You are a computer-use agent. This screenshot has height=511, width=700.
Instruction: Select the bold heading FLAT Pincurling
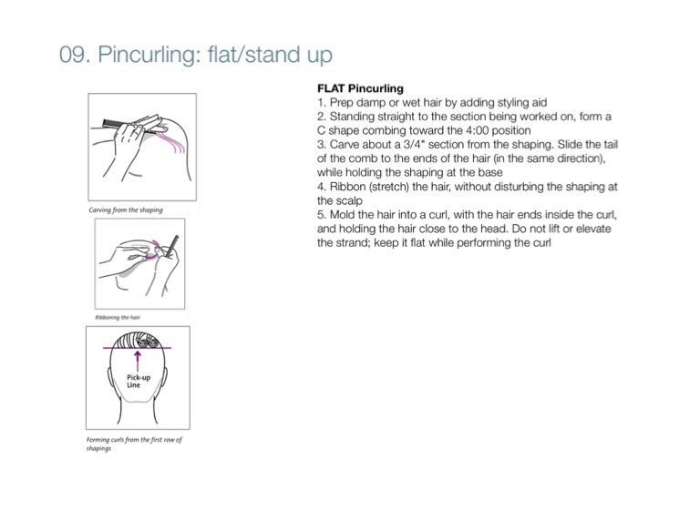point(360,88)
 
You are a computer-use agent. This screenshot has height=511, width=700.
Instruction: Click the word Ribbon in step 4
point(342,186)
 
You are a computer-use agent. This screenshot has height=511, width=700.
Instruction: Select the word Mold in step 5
point(343,215)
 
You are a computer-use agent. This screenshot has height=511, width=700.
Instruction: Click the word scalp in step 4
point(349,200)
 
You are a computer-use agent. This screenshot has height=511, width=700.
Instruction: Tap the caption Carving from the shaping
point(126,210)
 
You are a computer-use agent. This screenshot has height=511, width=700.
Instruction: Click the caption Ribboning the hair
point(118,317)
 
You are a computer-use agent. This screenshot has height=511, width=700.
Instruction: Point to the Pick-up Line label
point(139,381)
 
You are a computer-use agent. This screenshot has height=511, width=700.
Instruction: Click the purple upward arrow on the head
point(138,362)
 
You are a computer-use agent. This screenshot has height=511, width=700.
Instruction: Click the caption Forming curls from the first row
point(134,444)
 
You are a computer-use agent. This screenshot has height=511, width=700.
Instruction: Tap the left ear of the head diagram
point(109,377)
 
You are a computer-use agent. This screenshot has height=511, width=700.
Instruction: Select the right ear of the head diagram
point(163,377)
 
